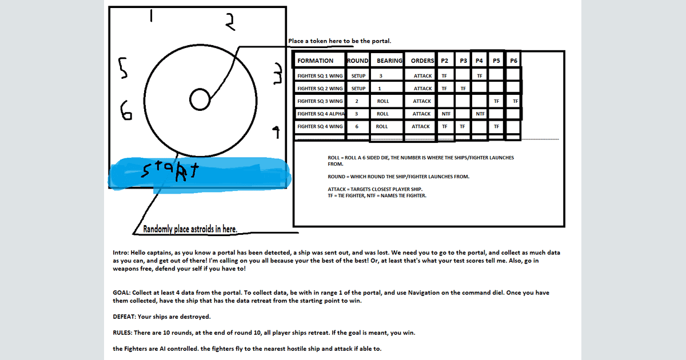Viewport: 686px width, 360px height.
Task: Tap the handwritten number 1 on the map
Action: click(151, 15)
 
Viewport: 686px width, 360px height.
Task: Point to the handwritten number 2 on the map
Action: click(230, 22)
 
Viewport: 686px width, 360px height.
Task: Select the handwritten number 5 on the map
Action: click(123, 68)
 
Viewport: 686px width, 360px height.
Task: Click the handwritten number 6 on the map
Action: click(126, 111)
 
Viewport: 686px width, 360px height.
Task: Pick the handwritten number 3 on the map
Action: click(278, 74)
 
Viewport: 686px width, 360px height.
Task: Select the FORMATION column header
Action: click(315, 61)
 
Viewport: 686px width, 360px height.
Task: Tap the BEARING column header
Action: click(389, 61)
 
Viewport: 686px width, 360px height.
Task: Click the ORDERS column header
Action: click(422, 61)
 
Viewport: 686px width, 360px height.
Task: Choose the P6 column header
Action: click(513, 61)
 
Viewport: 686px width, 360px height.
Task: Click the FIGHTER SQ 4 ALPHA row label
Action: click(321, 114)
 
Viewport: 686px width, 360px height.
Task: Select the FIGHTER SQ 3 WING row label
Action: click(320, 101)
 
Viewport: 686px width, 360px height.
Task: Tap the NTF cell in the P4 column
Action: click(480, 114)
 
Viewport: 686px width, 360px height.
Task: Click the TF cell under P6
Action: click(516, 101)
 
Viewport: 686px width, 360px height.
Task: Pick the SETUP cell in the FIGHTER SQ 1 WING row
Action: click(358, 76)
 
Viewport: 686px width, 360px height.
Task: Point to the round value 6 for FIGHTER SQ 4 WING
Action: click(357, 126)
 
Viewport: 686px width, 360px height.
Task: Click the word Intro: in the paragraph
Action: click(121, 253)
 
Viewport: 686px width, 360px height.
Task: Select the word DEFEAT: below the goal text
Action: click(124, 317)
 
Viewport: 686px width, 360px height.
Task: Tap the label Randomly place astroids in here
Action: click(190, 229)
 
